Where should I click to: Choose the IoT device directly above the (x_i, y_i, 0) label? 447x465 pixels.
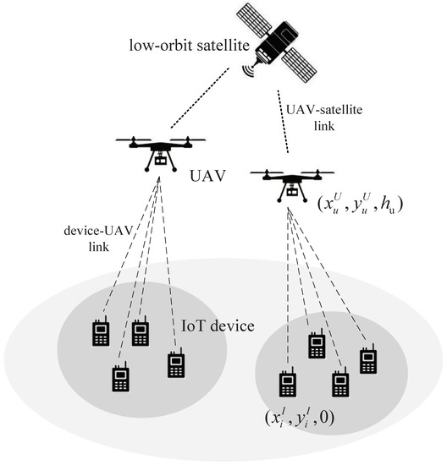point(283,385)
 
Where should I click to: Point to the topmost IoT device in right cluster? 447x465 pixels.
point(316,344)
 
